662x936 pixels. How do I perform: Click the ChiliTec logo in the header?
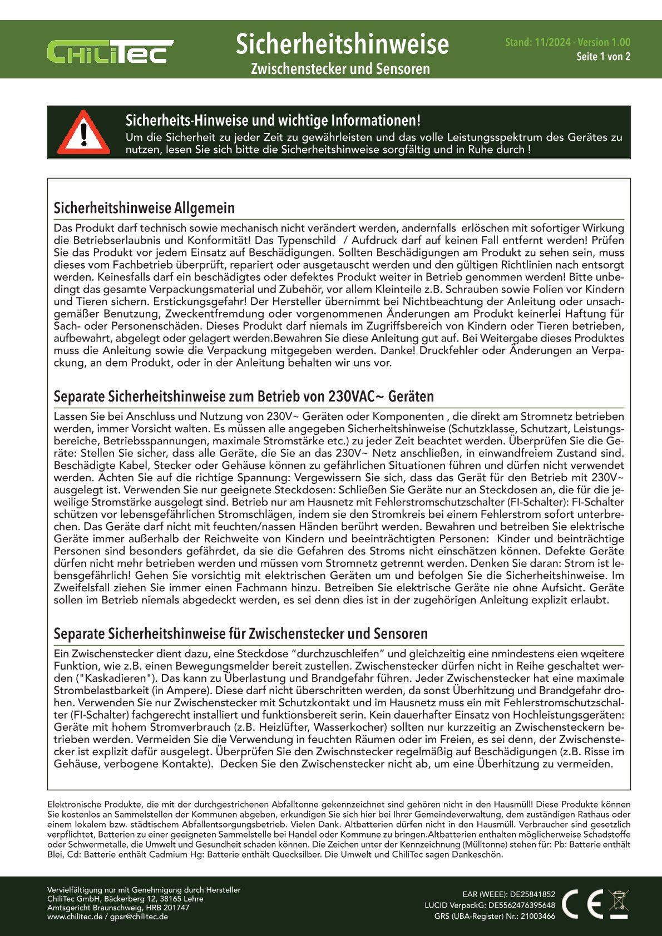click(110, 51)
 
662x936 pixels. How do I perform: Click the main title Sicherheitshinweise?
click(342, 44)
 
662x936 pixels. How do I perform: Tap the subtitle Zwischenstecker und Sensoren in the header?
click(340, 69)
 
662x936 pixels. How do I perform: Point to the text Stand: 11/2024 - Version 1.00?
click(567, 42)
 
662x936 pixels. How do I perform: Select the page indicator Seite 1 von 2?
click(603, 57)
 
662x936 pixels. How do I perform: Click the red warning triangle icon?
click(83, 133)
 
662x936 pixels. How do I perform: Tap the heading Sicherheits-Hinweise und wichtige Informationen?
click(273, 121)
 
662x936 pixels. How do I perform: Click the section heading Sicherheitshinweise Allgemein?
click(144, 208)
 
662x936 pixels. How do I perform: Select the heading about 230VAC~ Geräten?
click(244, 397)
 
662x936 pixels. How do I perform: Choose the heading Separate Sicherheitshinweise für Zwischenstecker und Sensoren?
click(240, 634)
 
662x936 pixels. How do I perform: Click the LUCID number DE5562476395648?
click(521, 905)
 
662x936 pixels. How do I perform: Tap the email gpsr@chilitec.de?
click(139, 917)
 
